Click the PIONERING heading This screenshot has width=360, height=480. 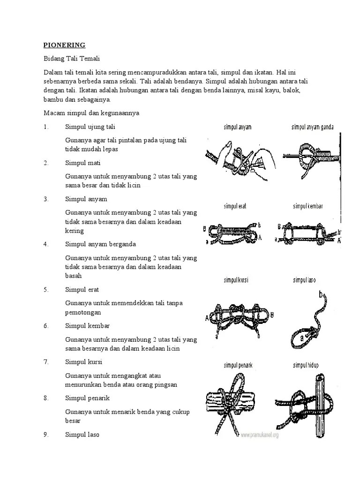(x=64, y=45)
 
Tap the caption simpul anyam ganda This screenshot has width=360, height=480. (x=313, y=127)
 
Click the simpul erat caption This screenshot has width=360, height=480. (x=235, y=206)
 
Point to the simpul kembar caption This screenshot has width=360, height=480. (x=307, y=206)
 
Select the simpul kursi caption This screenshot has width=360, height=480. (x=236, y=280)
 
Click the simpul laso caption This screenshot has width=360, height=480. (x=304, y=280)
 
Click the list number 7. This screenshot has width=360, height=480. (x=46, y=362)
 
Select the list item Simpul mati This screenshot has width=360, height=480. (x=83, y=163)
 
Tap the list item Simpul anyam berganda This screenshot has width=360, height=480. (x=100, y=244)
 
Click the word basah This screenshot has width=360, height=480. (x=74, y=276)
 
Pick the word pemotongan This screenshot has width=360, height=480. (x=83, y=312)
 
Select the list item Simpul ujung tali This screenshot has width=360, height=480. (x=90, y=127)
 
